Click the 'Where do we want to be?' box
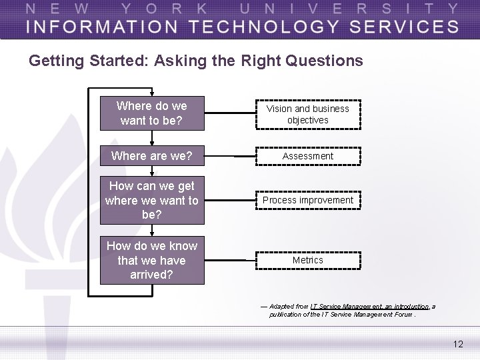(x=151, y=113)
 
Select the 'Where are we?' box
(x=151, y=156)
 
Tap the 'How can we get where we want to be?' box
(x=151, y=200)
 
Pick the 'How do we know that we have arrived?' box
(x=151, y=260)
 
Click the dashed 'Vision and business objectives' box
(x=308, y=114)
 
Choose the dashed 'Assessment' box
(x=308, y=156)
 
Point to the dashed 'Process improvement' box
(x=308, y=200)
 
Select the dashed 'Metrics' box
(x=308, y=260)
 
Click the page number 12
(x=457, y=344)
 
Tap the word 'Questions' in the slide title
(x=324, y=61)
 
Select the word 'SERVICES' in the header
(x=400, y=27)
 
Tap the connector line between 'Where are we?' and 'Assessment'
(x=230, y=156)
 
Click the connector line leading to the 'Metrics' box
(x=230, y=260)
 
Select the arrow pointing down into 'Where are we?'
(x=152, y=142)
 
